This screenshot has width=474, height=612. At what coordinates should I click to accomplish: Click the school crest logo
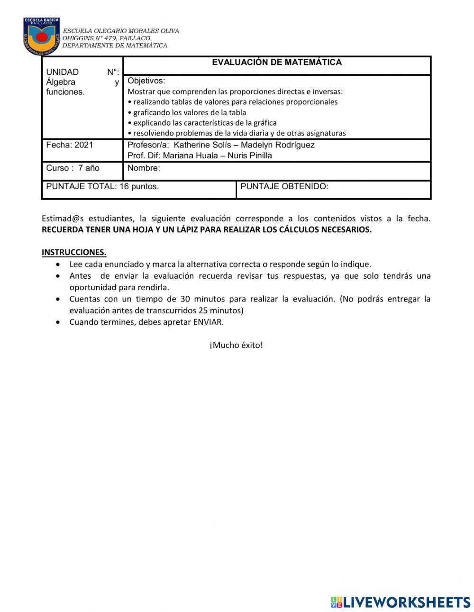click(x=42, y=37)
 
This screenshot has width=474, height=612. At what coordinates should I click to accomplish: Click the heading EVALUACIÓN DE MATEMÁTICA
click(x=276, y=62)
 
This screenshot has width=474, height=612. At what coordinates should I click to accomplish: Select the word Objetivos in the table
click(x=146, y=81)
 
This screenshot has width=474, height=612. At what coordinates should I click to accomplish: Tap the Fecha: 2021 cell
click(x=70, y=145)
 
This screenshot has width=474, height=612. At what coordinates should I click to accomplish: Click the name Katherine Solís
click(x=199, y=145)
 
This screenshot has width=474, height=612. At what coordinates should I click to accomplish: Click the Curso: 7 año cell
click(x=73, y=168)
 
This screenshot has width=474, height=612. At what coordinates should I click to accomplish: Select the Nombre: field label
click(x=144, y=168)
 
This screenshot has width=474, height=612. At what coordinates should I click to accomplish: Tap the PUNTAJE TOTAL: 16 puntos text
click(x=102, y=186)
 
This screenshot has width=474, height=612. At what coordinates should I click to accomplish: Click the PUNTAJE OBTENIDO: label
click(x=284, y=186)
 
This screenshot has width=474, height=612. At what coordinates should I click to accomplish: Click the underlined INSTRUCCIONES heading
click(x=74, y=252)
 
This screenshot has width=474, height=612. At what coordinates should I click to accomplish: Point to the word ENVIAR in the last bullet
click(x=207, y=322)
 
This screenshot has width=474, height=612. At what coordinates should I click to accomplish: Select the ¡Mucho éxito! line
click(x=236, y=345)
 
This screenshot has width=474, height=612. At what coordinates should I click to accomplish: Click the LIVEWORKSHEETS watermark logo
click(x=400, y=602)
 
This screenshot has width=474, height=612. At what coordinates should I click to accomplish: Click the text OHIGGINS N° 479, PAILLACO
click(x=106, y=38)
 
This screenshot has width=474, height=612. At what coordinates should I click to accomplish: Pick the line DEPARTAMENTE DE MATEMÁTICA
click(x=115, y=46)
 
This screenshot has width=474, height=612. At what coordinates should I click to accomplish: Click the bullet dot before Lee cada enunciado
click(x=58, y=265)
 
